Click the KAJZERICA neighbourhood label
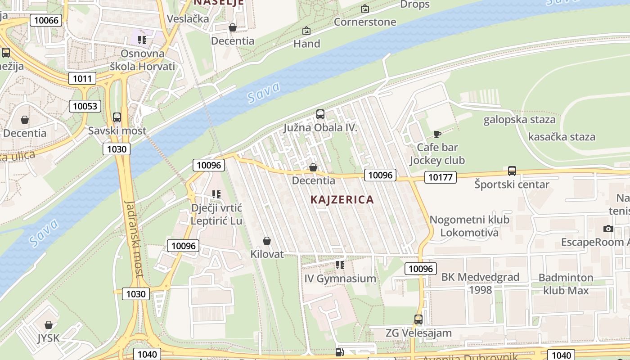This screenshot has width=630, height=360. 342,199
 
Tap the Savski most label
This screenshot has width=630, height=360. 117,131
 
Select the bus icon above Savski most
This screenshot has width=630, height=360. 117,117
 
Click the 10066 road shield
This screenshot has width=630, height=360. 46,20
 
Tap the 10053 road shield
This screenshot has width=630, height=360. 85,106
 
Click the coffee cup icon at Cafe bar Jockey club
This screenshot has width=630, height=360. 437,134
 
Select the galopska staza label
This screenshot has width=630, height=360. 519,120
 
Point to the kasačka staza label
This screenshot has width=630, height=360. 561,137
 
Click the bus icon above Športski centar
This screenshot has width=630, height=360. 512,171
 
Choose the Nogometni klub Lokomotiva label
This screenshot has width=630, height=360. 469,226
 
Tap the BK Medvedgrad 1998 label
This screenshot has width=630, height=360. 480,283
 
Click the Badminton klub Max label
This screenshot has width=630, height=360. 566,284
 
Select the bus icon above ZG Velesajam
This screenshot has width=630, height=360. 418,319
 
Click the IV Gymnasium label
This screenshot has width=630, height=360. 340,279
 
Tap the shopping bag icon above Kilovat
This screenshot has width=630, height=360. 267,241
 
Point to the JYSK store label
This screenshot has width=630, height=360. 48,338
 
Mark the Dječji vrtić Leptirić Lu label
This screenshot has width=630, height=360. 216,214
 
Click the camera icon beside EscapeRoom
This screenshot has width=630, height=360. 608,229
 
